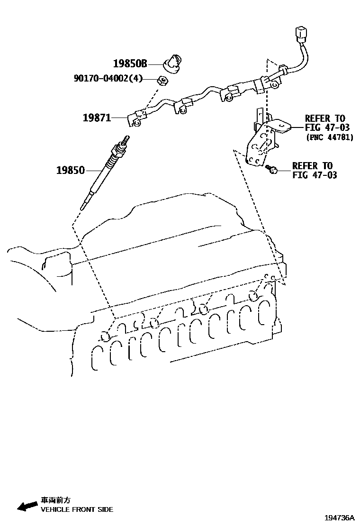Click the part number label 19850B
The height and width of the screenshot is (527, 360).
pyautogui.click(x=130, y=64)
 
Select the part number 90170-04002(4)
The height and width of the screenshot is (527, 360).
pyautogui.click(x=108, y=79)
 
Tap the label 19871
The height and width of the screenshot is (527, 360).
pyautogui.click(x=97, y=118)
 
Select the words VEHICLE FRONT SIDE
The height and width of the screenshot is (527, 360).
pyautogui.click(x=77, y=509)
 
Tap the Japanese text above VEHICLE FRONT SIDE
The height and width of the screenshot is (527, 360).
pyautogui.click(x=55, y=500)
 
